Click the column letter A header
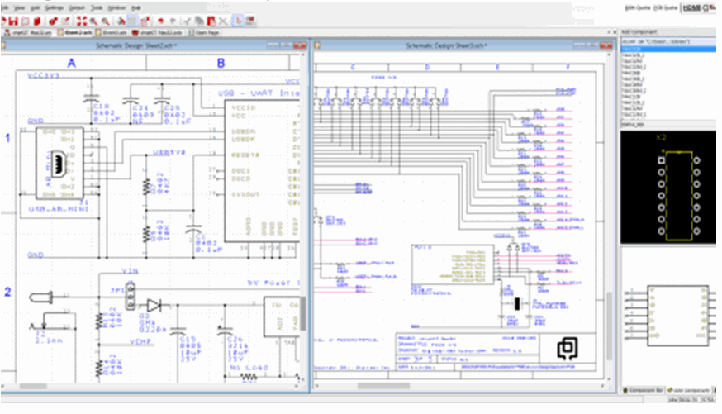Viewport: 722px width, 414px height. [x=72, y=63]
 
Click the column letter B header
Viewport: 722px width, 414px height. [x=221, y=63]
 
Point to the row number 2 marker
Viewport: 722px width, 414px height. [x=8, y=292]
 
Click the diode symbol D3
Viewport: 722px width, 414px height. [x=153, y=305]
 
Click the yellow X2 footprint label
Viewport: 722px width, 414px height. [x=661, y=137]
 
